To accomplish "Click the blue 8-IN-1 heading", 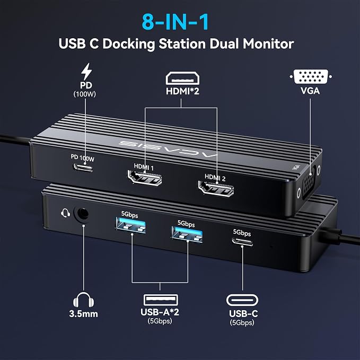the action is click(x=175, y=22).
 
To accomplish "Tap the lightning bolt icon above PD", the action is click(x=86, y=72).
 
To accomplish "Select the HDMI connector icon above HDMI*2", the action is click(x=182, y=78).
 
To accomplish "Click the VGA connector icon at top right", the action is click(x=310, y=76).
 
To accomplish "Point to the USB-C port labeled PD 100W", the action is click(x=83, y=167).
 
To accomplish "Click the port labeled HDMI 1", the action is click(x=145, y=178).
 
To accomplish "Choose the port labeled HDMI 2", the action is click(x=216, y=189).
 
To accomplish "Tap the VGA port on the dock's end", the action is click(x=309, y=183).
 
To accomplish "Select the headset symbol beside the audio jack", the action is click(x=65, y=213).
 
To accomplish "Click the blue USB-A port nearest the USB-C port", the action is click(x=187, y=234).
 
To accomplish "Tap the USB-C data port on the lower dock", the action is click(x=242, y=242).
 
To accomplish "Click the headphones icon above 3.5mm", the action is click(x=83, y=300).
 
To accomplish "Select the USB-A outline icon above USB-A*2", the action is click(x=161, y=300).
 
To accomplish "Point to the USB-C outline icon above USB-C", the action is click(x=242, y=300).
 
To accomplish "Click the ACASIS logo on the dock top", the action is click(x=168, y=149).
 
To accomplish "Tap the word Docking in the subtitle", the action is click(x=129, y=44).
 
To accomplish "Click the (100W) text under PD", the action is click(x=85, y=94).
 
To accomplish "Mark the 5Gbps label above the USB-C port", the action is click(x=242, y=233).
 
